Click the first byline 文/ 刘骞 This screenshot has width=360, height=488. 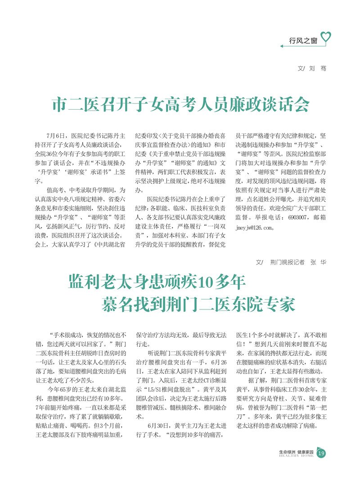(312, 68)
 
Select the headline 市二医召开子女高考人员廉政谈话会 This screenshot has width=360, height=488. (181, 104)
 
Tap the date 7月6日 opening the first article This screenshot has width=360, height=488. (56, 135)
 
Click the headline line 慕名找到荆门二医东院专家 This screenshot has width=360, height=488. (198, 304)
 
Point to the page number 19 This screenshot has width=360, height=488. (321, 454)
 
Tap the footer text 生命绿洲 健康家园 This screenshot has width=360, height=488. (296, 451)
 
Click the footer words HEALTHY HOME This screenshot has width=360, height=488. (296, 456)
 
